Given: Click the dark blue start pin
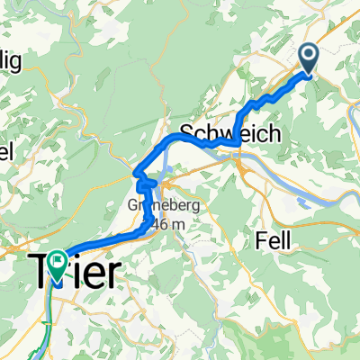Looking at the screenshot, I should coord(309,59).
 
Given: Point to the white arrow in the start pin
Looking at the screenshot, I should coord(309,58).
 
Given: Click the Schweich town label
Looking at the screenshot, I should coord(230,132).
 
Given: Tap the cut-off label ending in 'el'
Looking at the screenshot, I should coord(9,148).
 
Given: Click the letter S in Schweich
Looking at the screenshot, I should coord(189,132).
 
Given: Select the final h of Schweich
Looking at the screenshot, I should coord(274,132).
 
